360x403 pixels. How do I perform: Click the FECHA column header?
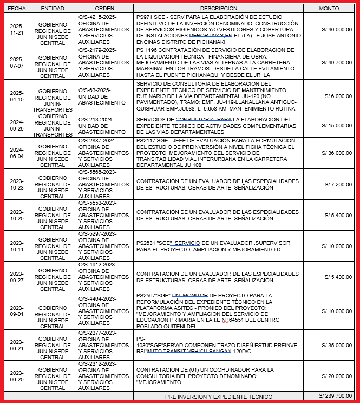coord(17,9)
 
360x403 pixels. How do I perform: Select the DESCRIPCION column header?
coord(218,9)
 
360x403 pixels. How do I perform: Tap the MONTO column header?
coord(329,9)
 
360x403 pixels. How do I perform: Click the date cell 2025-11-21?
coord(17,30)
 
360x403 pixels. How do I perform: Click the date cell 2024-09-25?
coord(17,125)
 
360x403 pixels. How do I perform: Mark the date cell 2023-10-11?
coord(17,246)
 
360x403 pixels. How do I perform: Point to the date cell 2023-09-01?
coord(17,311)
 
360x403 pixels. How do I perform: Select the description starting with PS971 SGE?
coord(218,30)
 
